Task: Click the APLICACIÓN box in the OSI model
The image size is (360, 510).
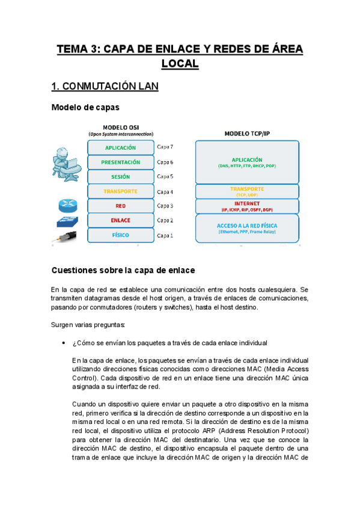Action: click(x=120, y=147)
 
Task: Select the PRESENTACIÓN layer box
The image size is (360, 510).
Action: click(x=120, y=162)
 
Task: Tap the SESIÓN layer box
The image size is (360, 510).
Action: click(x=120, y=177)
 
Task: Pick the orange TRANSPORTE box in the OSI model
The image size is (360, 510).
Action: click(x=120, y=191)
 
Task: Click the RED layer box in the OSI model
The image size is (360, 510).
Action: click(x=120, y=206)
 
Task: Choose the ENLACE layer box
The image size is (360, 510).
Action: click(x=120, y=220)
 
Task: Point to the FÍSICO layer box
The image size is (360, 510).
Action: click(x=120, y=235)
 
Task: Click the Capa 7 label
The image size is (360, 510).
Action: click(x=165, y=147)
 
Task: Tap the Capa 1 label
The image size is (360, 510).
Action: click(x=165, y=236)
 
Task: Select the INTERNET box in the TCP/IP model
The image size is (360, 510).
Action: click(x=247, y=206)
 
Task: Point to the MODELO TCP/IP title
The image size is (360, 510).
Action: click(x=247, y=133)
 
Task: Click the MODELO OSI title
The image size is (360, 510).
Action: click(x=120, y=127)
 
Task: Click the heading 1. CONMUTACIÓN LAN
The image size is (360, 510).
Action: click(x=105, y=87)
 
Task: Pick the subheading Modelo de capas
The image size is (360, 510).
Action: click(x=85, y=108)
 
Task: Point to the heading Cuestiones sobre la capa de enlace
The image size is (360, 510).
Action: click(x=123, y=270)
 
